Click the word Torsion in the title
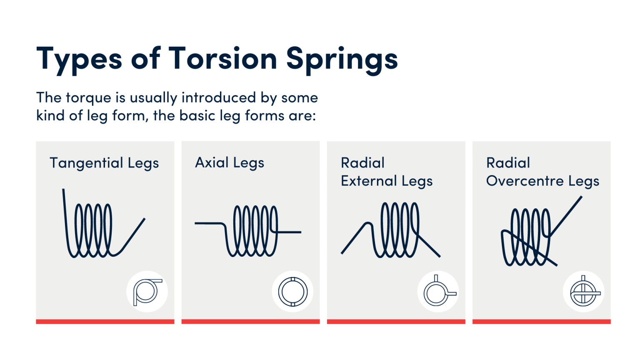[222, 58]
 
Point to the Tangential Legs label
[104, 163]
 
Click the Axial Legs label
[230, 163]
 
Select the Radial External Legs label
[387, 172]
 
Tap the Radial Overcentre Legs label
[542, 172]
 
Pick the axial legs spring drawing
[250, 230]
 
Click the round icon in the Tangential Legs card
[147, 292]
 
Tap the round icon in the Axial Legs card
[292, 292]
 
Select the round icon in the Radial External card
[438, 292]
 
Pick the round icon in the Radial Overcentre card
[583, 292]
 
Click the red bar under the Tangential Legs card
[105, 321]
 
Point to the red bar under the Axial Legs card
[250, 321]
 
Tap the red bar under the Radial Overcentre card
[541, 321]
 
